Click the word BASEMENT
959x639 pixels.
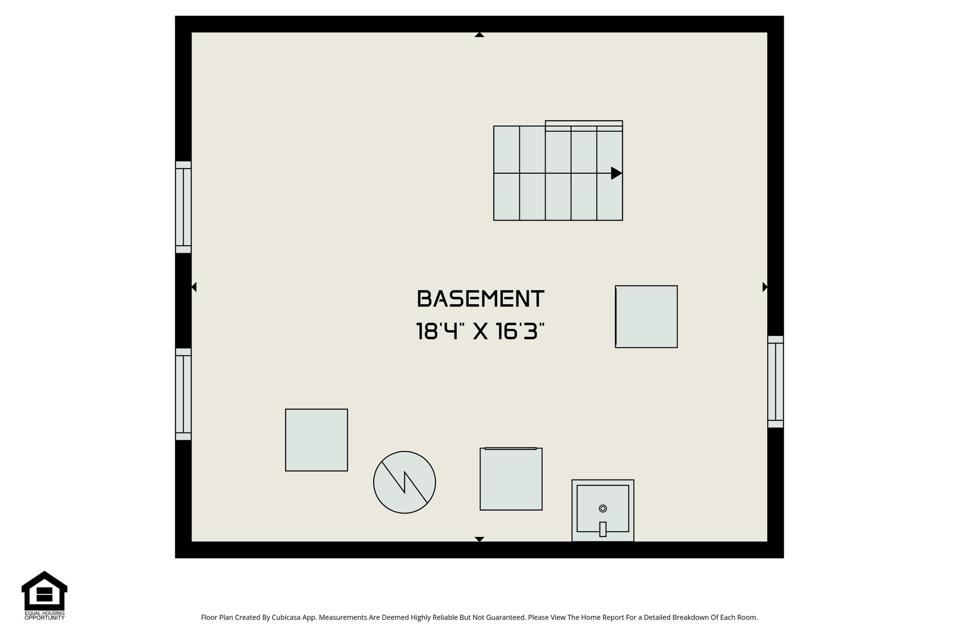(x=480, y=299)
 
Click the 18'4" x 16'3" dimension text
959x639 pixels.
(x=480, y=332)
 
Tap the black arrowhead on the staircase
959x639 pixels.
(x=616, y=173)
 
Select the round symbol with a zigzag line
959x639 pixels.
(x=405, y=482)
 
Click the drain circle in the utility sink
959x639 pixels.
(x=603, y=508)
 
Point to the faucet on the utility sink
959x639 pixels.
(x=603, y=529)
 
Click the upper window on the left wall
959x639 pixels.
(x=184, y=207)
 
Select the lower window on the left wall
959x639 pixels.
(x=184, y=394)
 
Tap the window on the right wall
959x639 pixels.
(x=775, y=382)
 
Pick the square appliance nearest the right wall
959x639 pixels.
(x=646, y=316)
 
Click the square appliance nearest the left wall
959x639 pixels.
(x=317, y=440)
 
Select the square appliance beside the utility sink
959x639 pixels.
(x=511, y=479)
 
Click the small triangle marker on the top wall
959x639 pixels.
(x=479, y=35)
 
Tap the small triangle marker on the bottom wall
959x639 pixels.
(x=479, y=539)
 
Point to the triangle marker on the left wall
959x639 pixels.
(x=194, y=287)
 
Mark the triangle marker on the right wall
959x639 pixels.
(x=765, y=287)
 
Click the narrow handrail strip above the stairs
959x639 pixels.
(x=584, y=124)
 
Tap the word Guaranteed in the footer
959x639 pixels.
(x=507, y=617)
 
